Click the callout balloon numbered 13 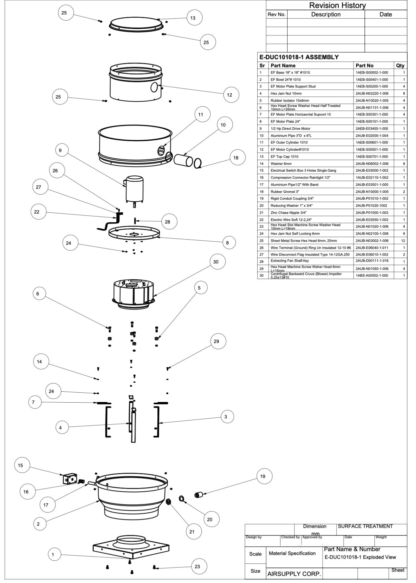tap(193, 18)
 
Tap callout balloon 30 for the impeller tap(216, 262)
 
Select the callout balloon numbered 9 tap(60, 150)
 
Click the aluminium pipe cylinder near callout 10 tap(183, 160)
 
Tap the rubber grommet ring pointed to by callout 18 tap(197, 163)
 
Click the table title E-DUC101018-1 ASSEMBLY tap(299, 57)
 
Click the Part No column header tap(364, 65)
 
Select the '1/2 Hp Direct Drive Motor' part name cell tap(290, 128)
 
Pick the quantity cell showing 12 tap(403, 241)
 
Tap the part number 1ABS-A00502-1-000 tap(372, 276)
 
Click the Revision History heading tap(337, 5)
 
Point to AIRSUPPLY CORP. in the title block tap(294, 574)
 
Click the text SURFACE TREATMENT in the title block tap(365, 526)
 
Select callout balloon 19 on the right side tap(262, 476)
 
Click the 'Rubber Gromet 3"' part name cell tap(285, 192)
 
